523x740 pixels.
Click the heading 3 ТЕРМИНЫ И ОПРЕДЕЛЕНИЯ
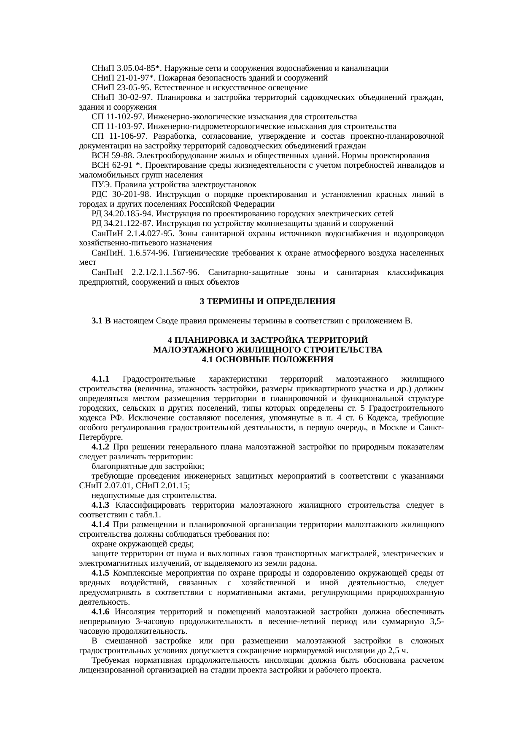coord(267,302)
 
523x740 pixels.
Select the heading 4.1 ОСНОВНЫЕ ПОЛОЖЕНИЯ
coord(267,360)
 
